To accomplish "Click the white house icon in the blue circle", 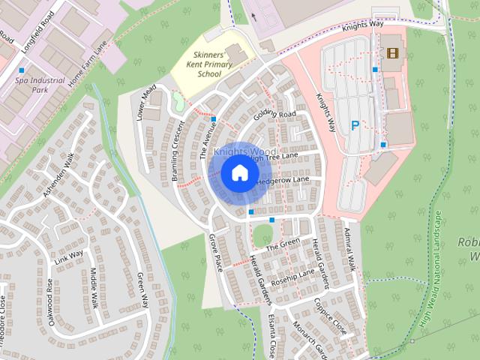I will click(238, 173).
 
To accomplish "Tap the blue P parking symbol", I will click(355, 126).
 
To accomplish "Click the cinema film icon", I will click(391, 52).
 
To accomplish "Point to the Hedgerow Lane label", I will click(283, 181).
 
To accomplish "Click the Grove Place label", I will click(216, 253).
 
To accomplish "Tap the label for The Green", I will click(283, 244).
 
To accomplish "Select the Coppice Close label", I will click(331, 316).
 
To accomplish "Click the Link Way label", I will click(68, 254).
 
